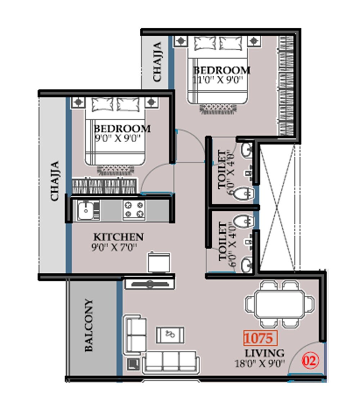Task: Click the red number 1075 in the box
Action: coord(260,338)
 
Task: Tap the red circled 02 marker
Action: coord(310,361)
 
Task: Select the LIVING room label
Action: coord(264,353)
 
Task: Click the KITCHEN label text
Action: coord(118,237)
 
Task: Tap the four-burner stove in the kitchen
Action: coord(134,210)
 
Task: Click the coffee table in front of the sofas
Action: coord(170,335)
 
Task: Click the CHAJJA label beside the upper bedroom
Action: coord(157,62)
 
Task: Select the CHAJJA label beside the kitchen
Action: coord(54,181)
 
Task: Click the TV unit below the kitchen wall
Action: coord(149,283)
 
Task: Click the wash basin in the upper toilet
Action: coord(247,149)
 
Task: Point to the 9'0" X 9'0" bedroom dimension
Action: coord(117,138)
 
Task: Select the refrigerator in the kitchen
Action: coord(159,262)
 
